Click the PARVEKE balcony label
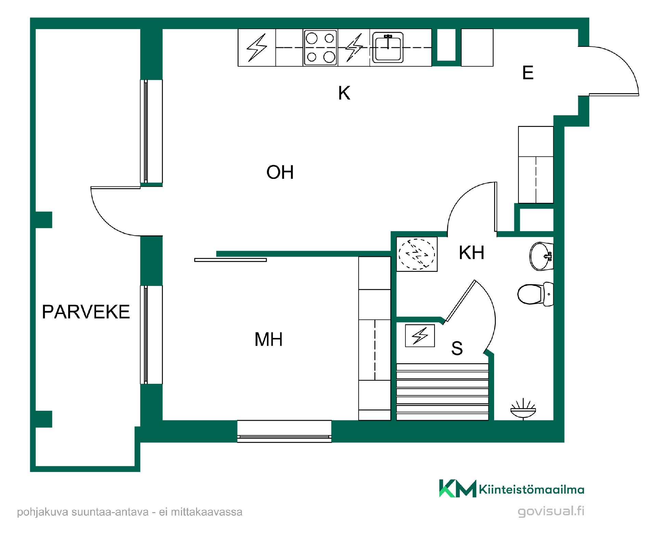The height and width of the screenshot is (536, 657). pos(86,312)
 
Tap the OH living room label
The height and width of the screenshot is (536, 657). pos(280,172)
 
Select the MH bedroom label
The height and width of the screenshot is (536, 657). pos(269,339)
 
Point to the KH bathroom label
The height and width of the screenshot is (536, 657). pos(472,253)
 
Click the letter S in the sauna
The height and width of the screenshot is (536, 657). pos(457,348)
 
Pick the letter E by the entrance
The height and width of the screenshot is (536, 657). pos(528,73)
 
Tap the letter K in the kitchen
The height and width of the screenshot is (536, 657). pos(344,93)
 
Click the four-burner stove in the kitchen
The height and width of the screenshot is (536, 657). pos(320,48)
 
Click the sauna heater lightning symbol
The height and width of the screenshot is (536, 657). pos(420,336)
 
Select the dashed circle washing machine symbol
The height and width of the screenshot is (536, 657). pos(417,254)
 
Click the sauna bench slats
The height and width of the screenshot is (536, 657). pos(442,392)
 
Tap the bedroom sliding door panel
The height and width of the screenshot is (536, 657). pos(230,260)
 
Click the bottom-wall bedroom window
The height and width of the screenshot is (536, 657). pos(284,431)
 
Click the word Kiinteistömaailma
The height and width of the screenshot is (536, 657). pos(532,489)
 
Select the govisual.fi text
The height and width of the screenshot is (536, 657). pos(551,511)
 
